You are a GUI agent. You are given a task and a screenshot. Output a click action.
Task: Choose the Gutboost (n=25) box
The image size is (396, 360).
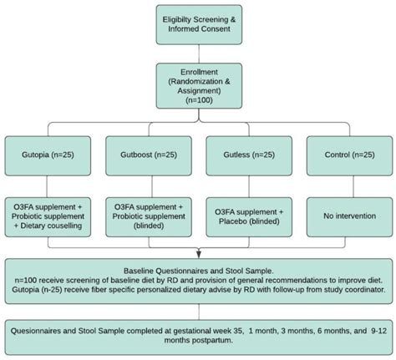[x=150, y=155]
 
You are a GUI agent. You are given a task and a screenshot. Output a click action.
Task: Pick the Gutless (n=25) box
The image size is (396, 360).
[x=247, y=155]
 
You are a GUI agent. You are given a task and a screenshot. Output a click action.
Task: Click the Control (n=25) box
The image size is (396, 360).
[x=345, y=155]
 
